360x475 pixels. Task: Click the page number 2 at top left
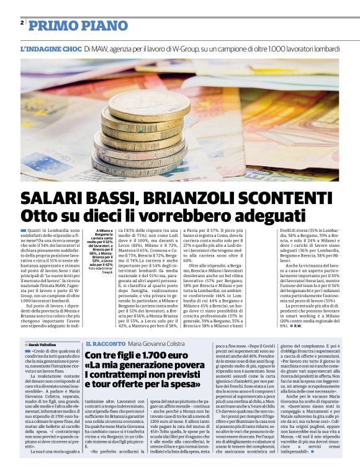point(22,22)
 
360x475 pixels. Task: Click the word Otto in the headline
point(38,216)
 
